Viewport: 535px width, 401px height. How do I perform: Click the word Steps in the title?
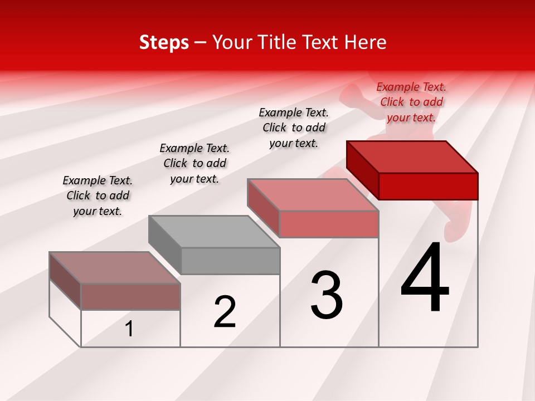click(164, 42)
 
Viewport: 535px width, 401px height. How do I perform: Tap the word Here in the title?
click(365, 42)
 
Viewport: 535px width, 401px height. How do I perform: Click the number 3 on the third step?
click(327, 295)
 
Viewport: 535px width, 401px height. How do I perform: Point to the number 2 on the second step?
click(225, 312)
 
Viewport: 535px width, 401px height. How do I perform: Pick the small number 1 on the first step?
click(129, 329)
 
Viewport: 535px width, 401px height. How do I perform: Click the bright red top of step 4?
click(412, 157)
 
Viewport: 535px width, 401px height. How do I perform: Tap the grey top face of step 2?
click(214, 231)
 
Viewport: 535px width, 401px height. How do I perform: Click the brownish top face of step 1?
click(115, 268)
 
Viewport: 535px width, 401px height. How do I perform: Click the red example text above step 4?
click(411, 102)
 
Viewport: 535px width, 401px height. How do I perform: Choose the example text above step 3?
click(294, 128)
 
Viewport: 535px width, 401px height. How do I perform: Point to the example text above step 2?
click(194, 163)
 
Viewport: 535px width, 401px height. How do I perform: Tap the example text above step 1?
click(98, 195)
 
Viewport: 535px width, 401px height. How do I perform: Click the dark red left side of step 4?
click(362, 170)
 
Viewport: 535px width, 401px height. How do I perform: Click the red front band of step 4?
click(428, 186)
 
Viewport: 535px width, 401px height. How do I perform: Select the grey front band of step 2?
click(230, 261)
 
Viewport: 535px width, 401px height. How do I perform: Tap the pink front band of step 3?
click(329, 224)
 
